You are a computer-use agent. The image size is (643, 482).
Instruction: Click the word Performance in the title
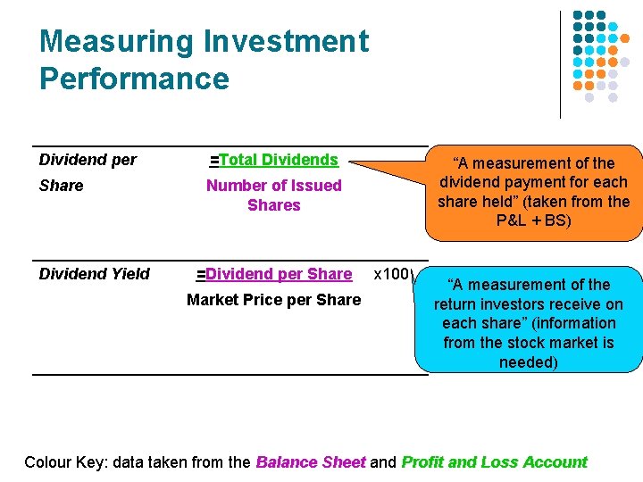(x=134, y=79)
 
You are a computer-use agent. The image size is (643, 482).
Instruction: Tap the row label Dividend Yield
(x=95, y=274)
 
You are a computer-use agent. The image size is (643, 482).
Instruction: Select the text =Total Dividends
(x=273, y=160)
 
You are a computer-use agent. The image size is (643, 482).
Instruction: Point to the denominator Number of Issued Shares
(x=273, y=195)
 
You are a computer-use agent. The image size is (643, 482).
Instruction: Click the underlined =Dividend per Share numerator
(x=273, y=274)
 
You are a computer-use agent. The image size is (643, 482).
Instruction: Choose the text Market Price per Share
(x=273, y=300)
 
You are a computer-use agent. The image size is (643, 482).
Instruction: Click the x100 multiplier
(x=391, y=274)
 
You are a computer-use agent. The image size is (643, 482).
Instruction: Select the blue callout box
(x=529, y=319)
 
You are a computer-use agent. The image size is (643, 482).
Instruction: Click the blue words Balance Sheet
(x=310, y=462)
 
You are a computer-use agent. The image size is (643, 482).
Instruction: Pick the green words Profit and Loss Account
(x=494, y=462)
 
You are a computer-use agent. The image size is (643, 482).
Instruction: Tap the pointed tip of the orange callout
(x=351, y=163)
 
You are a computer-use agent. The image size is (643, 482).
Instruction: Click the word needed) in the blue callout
(x=529, y=362)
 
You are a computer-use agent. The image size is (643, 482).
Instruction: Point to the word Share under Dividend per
(x=62, y=186)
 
